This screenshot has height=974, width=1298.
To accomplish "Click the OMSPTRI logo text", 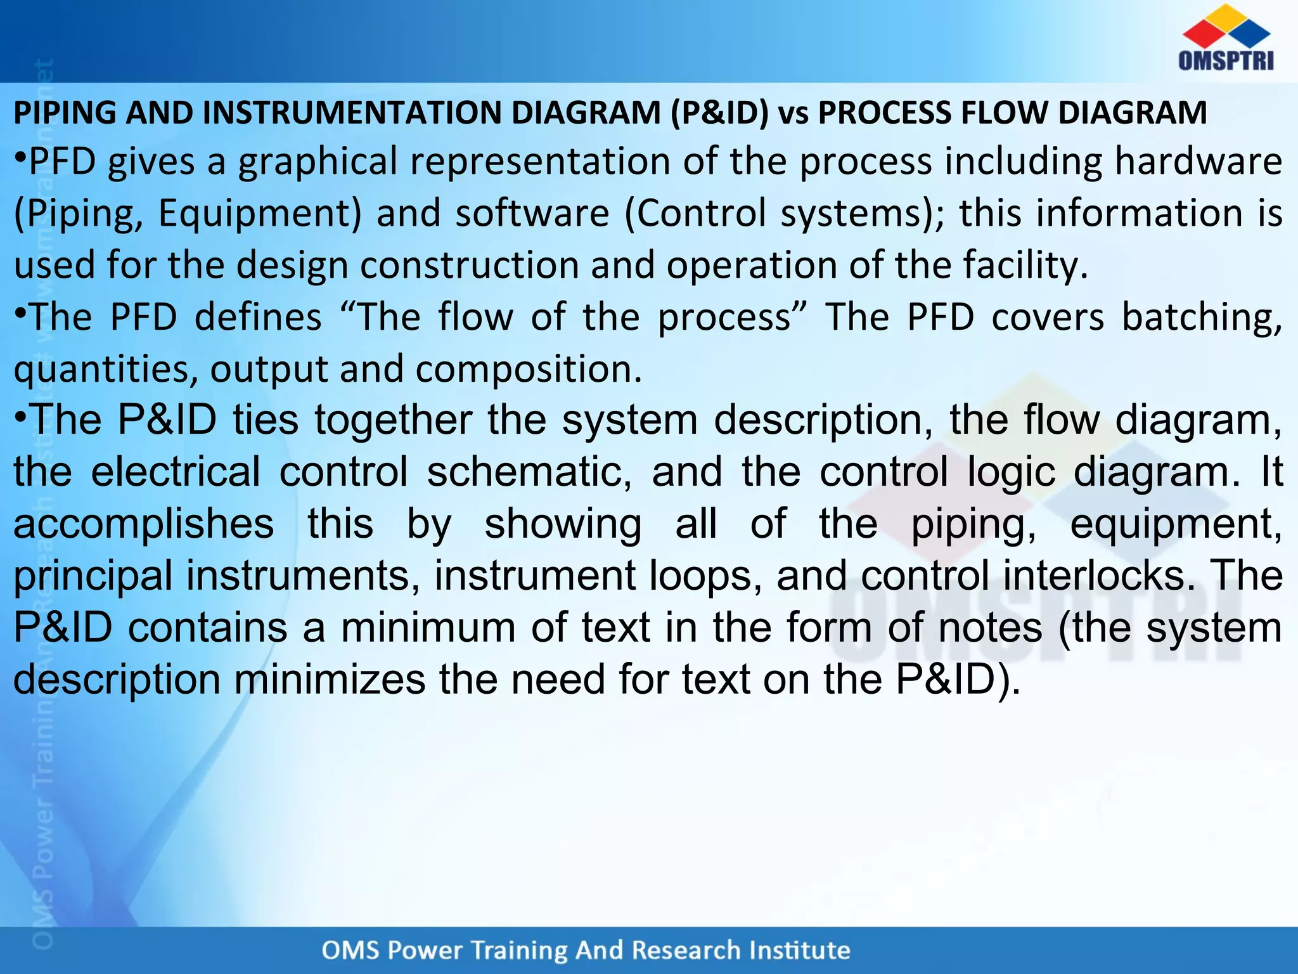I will click(x=1226, y=61).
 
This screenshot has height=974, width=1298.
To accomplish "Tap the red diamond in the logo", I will click(x=1202, y=34).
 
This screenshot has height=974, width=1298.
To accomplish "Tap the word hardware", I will click(x=1198, y=161).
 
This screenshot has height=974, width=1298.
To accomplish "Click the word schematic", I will click(x=529, y=472).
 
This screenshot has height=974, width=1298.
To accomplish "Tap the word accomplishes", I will click(x=144, y=525).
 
